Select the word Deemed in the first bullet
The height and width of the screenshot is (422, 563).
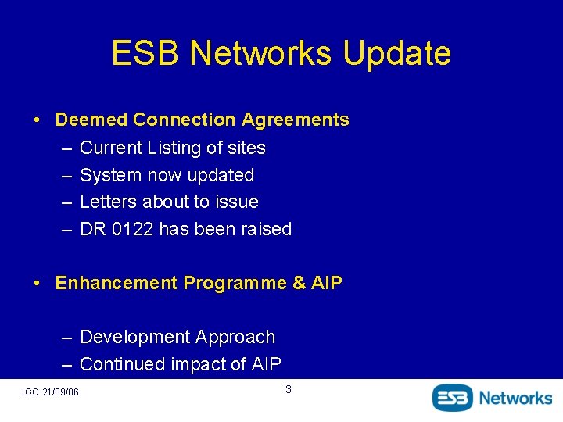pyautogui.click(x=91, y=120)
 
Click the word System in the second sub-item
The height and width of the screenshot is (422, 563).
pyautogui.click(x=109, y=175)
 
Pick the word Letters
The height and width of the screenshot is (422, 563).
pyautogui.click(x=109, y=202)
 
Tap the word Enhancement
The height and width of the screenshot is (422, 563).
pyautogui.click(x=116, y=283)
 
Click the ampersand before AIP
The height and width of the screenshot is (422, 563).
pyautogui.click(x=299, y=283)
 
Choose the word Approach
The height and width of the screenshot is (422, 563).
pyautogui.click(x=235, y=337)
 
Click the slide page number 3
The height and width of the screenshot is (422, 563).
pyautogui.click(x=288, y=389)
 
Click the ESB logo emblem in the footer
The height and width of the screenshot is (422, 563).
pyautogui.click(x=454, y=397)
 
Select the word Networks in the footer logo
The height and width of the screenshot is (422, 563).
pyautogui.click(x=515, y=397)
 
